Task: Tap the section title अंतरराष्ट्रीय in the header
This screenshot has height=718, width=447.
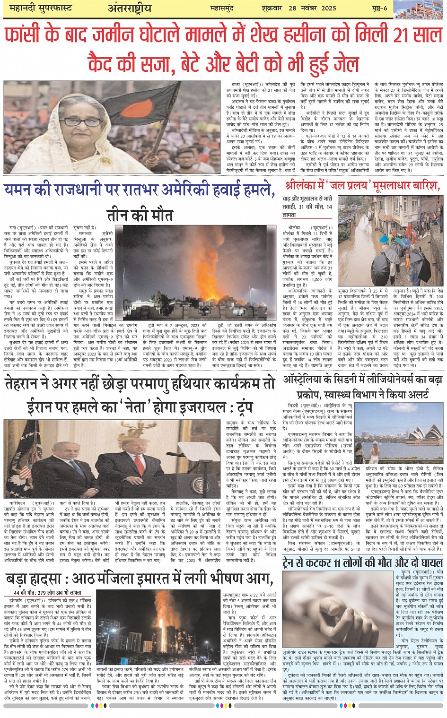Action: tap(129, 9)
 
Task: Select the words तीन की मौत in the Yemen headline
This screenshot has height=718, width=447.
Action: tap(139, 215)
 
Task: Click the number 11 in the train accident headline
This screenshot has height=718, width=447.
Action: tap(337, 562)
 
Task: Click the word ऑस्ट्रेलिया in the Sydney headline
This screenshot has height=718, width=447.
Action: tap(307, 380)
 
